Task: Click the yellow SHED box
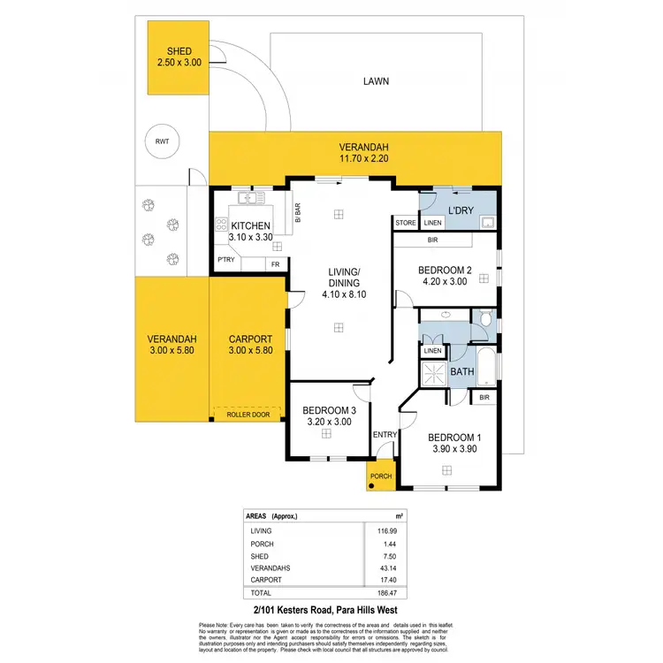(x=179, y=58)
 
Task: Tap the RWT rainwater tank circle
(x=162, y=141)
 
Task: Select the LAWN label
(x=376, y=81)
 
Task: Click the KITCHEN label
(x=251, y=226)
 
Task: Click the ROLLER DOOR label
(x=247, y=413)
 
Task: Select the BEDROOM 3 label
(x=329, y=410)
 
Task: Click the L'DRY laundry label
(x=462, y=211)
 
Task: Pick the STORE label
(x=406, y=223)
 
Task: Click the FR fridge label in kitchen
(x=275, y=264)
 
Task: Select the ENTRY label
(x=385, y=434)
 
